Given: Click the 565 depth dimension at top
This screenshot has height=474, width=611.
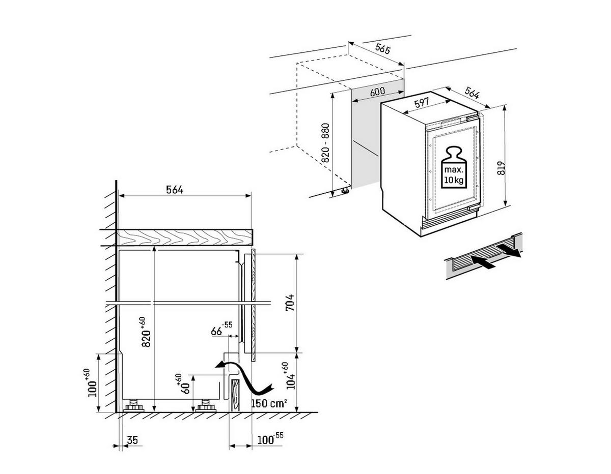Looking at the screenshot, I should (382, 49).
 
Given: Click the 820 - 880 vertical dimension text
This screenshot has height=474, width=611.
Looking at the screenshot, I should (326, 143).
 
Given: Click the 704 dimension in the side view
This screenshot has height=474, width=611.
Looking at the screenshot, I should (289, 304).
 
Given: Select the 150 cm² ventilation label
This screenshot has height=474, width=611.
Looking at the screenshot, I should (269, 403).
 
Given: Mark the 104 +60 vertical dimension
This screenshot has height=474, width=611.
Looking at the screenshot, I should (291, 376).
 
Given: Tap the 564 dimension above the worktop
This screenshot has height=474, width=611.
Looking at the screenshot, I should (174, 190).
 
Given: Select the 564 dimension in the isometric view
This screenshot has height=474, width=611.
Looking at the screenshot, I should (472, 93).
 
